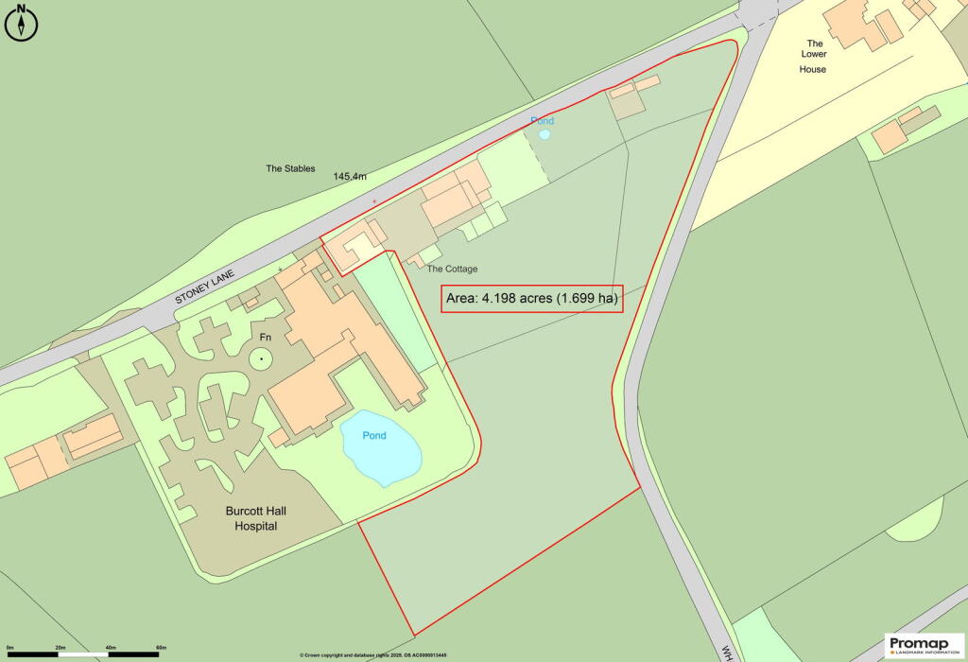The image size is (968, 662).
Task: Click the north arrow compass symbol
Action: (x=22, y=22)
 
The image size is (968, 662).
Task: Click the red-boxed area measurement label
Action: (x=533, y=299)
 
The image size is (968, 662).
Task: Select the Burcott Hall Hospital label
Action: (x=256, y=518)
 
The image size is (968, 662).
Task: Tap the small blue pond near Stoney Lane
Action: (x=544, y=134)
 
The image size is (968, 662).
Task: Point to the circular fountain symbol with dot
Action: (x=259, y=358)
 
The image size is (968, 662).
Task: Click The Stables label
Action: (x=290, y=169)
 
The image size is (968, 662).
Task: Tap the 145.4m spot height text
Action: (x=350, y=177)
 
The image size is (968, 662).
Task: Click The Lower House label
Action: (x=813, y=56)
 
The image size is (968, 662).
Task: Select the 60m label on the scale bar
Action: (x=160, y=648)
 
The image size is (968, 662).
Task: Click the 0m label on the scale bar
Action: (x=9, y=648)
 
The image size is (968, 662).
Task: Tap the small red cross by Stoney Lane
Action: (x=374, y=201)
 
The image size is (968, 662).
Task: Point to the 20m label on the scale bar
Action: (x=60, y=648)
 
